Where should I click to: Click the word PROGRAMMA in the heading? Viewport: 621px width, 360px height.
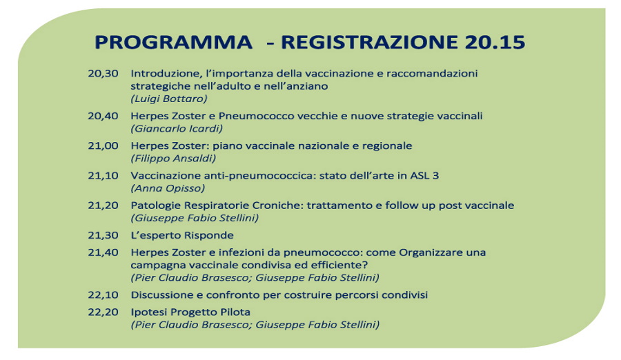pos(173,42)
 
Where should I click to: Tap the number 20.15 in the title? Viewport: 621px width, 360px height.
pos(495,42)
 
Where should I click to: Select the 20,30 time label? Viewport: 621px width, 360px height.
pos(103,74)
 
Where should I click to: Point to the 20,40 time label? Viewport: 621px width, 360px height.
pos(103,116)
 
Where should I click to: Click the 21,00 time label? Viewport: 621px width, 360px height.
pos(103,146)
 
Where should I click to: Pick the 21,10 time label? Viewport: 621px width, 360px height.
pos(103,175)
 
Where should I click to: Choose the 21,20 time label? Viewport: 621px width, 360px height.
pos(103,206)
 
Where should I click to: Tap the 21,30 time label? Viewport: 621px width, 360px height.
pos(103,235)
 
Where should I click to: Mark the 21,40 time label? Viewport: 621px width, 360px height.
pos(103,252)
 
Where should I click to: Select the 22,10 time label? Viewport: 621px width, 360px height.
pos(103,295)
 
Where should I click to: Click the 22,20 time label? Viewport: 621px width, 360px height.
pos(103,312)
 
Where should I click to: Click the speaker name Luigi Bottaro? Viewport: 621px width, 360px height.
pos(169,99)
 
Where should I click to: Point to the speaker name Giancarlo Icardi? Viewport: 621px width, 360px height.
pos(177,128)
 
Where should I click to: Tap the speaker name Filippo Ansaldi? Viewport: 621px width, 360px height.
pos(173,159)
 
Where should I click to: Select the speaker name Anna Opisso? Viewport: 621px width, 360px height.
pos(168,188)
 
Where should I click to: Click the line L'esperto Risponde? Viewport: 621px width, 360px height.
pos(182,236)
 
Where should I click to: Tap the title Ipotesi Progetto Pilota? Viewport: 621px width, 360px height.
pos(190,312)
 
